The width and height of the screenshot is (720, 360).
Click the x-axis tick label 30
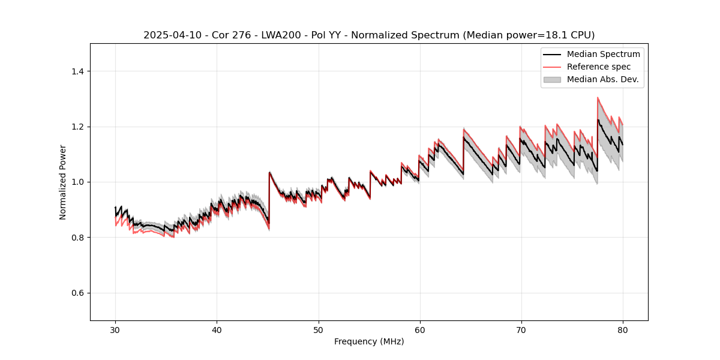[x=115, y=329]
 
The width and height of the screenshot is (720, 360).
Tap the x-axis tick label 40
[x=217, y=329]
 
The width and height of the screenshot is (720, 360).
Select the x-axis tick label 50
[x=318, y=329]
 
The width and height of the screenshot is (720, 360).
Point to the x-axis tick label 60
[x=419, y=329]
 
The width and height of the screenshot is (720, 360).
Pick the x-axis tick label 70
[x=521, y=329]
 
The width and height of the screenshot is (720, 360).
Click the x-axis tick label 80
[x=622, y=329]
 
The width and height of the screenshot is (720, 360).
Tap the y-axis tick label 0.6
[x=77, y=293]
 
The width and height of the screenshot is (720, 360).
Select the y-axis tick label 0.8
[x=77, y=238]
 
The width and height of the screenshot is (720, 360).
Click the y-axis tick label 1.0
[x=77, y=182]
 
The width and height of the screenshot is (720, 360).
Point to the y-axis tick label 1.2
[x=77, y=127]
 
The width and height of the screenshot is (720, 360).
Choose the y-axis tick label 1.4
[x=77, y=71]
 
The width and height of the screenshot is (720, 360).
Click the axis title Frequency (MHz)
[x=369, y=341]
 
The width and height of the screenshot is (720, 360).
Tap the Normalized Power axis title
[x=63, y=182]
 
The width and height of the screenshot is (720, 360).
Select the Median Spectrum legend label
[x=603, y=54]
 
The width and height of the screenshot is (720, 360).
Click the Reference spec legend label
[x=599, y=67]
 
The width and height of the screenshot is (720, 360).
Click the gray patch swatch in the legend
[x=552, y=79]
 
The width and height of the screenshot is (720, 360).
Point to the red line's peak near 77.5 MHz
[x=598, y=98]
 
